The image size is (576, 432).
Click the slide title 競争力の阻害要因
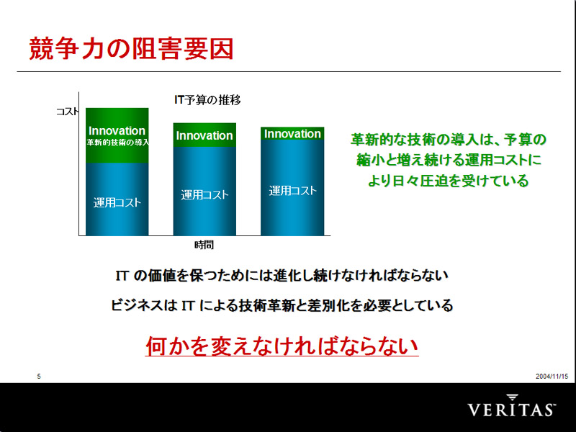131,49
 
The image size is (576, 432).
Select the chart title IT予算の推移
207,100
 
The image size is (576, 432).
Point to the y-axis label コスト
67,112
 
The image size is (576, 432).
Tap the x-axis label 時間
204,245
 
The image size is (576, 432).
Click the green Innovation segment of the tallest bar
117,135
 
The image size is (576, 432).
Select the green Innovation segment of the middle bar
204,135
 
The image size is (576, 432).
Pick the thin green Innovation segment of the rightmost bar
292,133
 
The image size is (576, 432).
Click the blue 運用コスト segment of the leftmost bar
117,199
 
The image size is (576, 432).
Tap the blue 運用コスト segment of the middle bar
204,191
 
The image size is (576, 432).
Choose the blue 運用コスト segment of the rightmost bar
292,188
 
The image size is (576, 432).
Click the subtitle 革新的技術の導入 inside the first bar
117,143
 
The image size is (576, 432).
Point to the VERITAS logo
512,405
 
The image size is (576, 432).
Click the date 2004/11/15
552,376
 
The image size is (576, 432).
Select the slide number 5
39,376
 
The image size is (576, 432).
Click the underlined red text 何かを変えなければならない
282,346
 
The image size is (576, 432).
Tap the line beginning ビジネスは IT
282,305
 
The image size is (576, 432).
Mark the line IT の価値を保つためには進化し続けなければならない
282,276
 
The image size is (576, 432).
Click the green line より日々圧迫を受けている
448,181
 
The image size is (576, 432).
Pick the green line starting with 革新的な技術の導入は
448,140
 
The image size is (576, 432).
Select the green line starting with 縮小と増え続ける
449,160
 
